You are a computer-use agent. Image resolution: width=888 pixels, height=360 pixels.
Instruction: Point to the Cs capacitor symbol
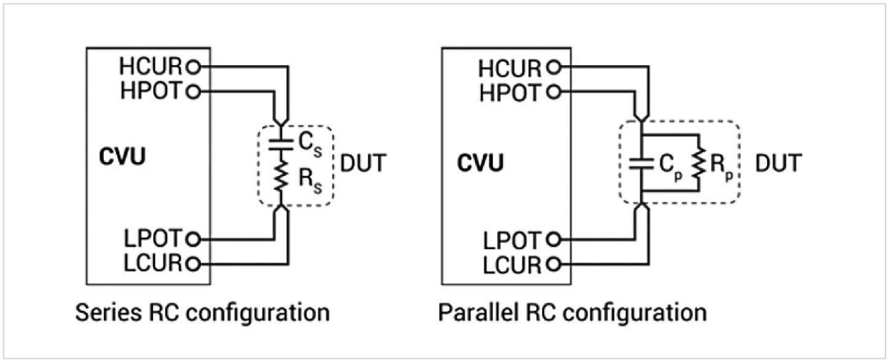[x=280, y=146]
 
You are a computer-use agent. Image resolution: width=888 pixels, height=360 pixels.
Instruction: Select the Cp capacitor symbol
[x=641, y=164]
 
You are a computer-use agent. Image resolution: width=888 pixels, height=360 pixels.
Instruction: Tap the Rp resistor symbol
[x=697, y=164]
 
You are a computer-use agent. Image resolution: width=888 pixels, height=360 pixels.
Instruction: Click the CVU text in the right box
[x=481, y=164]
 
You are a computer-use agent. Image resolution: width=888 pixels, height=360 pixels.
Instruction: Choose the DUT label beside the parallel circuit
[x=777, y=164]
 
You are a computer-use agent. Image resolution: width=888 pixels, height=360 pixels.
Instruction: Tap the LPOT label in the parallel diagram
[x=510, y=238]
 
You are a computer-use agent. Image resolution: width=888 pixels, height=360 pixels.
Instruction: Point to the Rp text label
[x=721, y=165]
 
